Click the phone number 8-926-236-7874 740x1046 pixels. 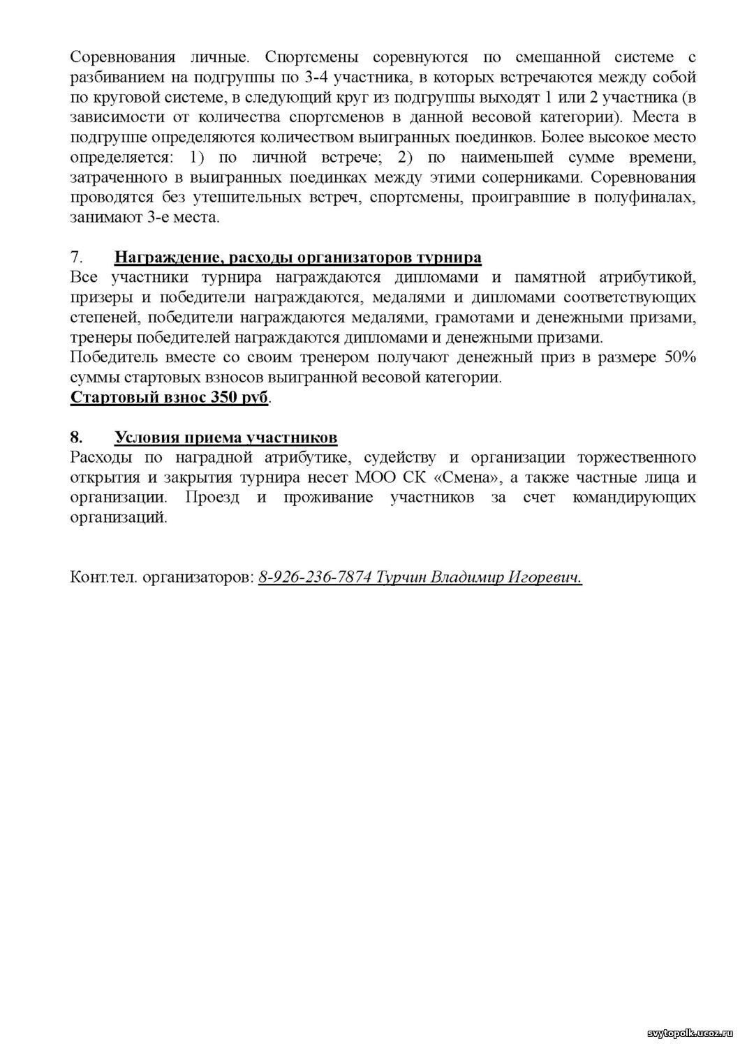[314, 578]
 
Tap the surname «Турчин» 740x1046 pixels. [400, 578]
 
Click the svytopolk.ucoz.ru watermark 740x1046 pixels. [687, 1034]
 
